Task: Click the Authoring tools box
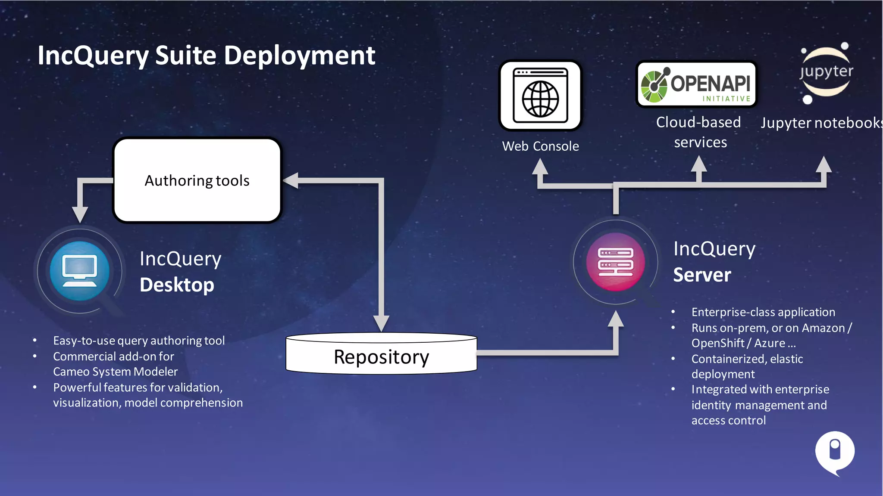tap(197, 180)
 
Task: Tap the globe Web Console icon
tap(540, 96)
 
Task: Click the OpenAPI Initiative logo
tap(696, 84)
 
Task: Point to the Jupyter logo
tap(826, 72)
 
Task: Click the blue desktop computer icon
tap(79, 271)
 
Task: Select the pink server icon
tap(615, 262)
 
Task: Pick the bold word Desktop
tap(177, 285)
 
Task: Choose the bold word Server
tap(702, 275)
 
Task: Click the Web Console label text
tap(540, 146)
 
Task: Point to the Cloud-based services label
tap(699, 132)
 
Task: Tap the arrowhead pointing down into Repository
tap(381, 323)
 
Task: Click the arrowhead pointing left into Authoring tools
tap(291, 180)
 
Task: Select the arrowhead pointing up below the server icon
tap(616, 319)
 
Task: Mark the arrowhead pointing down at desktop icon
tap(80, 214)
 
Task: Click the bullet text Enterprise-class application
tap(763, 312)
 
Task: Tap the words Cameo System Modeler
tap(115, 372)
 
